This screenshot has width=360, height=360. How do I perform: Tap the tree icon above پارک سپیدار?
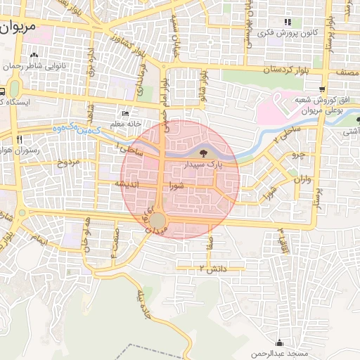(203, 152)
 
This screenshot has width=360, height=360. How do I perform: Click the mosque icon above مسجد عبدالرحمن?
(281, 342)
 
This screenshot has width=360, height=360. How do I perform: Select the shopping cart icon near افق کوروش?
(322, 89)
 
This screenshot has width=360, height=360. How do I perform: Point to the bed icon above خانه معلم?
(126, 113)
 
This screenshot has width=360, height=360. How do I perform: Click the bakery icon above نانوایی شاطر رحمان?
(34, 56)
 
